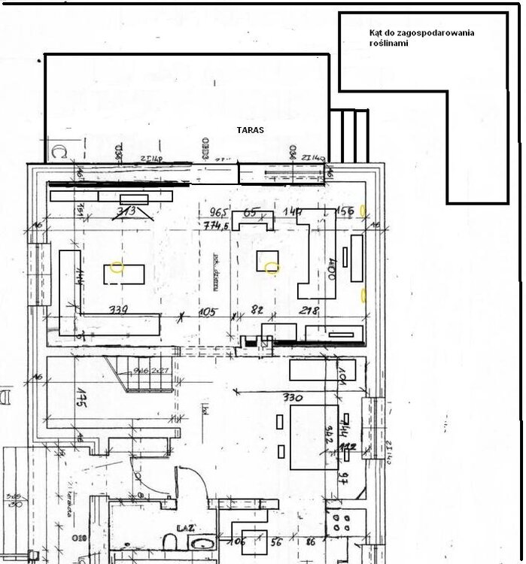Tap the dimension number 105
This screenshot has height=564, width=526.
tap(207, 311)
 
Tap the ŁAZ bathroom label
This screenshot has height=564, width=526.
tap(187, 529)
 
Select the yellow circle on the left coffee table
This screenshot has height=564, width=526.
tap(116, 266)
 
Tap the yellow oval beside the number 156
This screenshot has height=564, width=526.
tap(363, 211)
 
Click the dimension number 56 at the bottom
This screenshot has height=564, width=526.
tap(276, 541)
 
